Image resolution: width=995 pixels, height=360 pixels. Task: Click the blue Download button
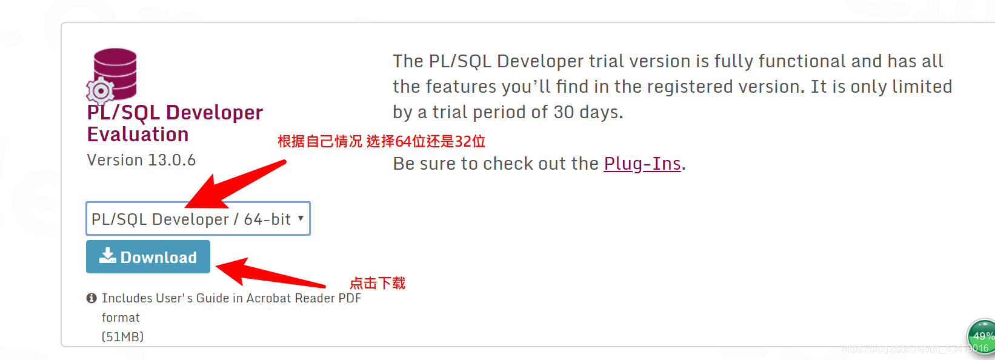(x=148, y=257)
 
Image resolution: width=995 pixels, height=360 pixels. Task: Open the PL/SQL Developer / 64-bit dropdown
(x=198, y=219)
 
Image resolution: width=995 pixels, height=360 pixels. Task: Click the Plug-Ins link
(x=642, y=164)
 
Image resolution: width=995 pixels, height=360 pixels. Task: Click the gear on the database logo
(x=101, y=91)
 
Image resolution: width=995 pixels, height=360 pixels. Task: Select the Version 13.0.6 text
(x=141, y=160)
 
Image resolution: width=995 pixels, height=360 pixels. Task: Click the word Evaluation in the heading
(x=138, y=135)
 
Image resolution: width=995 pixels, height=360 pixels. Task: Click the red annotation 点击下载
(x=378, y=283)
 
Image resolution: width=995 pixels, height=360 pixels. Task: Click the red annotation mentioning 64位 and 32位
(x=381, y=142)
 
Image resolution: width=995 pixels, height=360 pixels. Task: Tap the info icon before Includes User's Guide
(x=92, y=298)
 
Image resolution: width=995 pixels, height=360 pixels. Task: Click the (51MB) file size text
(x=122, y=336)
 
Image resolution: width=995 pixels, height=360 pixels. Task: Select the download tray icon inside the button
(x=108, y=256)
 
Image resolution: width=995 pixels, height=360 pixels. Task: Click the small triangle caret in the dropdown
(x=301, y=218)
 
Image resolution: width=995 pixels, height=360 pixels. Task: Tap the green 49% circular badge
(x=982, y=336)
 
